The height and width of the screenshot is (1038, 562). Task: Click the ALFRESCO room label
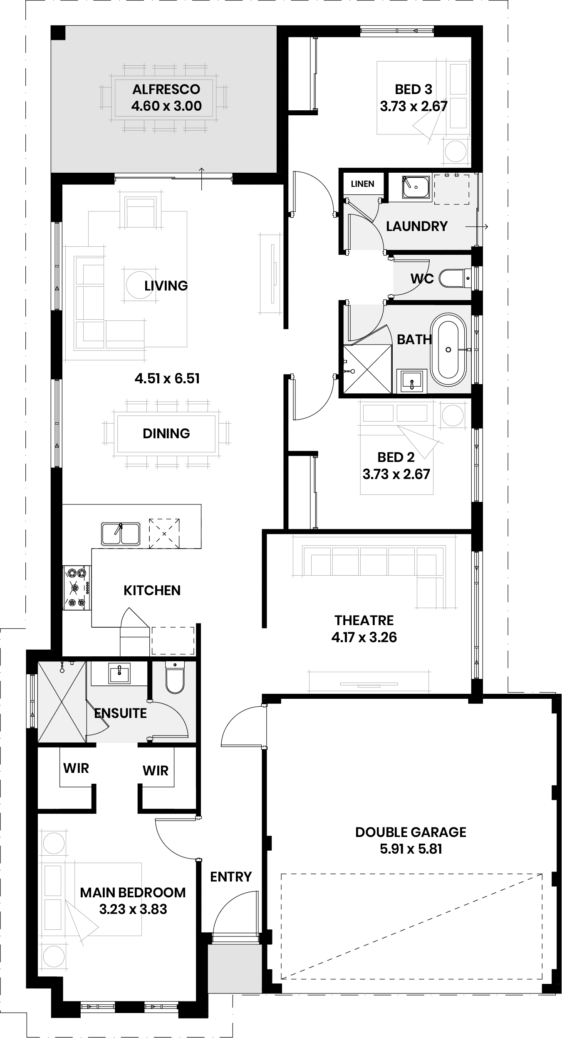(x=166, y=89)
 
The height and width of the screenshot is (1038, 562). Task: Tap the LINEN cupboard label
(x=362, y=184)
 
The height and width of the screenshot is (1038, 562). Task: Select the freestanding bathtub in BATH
(x=448, y=349)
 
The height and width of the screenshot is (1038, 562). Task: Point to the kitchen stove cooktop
(x=77, y=587)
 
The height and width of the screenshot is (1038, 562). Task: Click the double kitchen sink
(x=121, y=534)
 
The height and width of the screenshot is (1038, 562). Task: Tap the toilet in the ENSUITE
(x=175, y=677)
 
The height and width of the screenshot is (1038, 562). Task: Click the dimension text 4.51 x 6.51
(x=167, y=378)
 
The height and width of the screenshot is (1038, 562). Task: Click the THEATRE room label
(x=364, y=620)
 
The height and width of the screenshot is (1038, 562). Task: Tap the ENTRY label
(x=231, y=877)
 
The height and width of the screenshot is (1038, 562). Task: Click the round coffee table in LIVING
(x=139, y=285)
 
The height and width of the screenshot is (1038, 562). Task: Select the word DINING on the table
(x=166, y=433)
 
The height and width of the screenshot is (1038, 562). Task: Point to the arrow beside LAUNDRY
(x=477, y=227)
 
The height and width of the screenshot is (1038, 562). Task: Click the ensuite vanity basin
(x=119, y=673)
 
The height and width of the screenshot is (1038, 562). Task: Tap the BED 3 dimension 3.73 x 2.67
(x=413, y=106)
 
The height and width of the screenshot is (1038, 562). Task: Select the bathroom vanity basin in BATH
(x=412, y=381)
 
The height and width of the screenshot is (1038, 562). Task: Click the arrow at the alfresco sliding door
(x=202, y=179)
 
